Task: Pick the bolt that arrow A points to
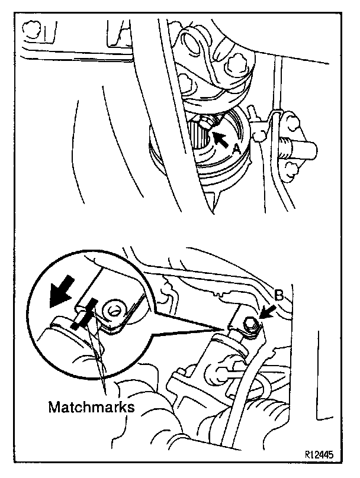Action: (x=204, y=124)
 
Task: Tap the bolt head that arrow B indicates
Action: (x=250, y=323)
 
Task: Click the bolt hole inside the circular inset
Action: (x=113, y=308)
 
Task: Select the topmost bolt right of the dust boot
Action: (x=291, y=122)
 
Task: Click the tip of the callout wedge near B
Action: (x=229, y=328)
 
